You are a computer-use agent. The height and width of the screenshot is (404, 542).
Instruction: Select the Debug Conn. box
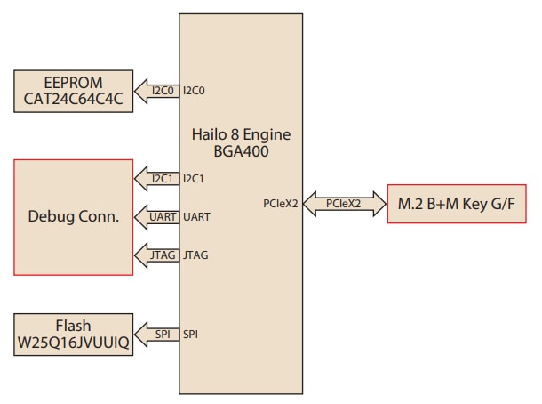pyautogui.click(x=74, y=215)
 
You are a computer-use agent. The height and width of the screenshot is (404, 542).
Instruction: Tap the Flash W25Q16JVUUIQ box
pyautogui.click(x=74, y=335)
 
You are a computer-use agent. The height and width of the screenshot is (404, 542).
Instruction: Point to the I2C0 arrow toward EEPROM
pyautogui.click(x=157, y=90)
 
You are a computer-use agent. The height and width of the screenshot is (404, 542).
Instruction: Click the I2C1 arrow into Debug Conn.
pyautogui.click(x=157, y=178)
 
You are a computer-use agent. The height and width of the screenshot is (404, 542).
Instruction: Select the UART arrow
pyautogui.click(x=157, y=216)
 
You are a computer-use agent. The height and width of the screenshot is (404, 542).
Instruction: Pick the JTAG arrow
pyautogui.click(x=157, y=255)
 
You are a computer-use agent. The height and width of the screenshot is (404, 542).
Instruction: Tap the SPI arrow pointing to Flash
pyautogui.click(x=157, y=335)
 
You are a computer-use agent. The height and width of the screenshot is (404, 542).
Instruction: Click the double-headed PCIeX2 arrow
pyautogui.click(x=342, y=205)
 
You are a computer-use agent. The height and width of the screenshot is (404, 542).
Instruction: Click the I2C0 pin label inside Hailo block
pyautogui.click(x=195, y=90)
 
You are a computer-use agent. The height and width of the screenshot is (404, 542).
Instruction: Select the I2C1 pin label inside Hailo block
pyautogui.click(x=195, y=178)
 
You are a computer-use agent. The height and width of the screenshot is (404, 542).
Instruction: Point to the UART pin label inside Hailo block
pyautogui.click(x=196, y=216)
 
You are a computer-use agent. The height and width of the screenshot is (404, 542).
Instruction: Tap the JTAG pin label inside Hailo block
pyautogui.click(x=195, y=255)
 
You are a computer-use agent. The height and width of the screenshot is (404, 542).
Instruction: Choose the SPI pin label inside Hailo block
pyautogui.click(x=190, y=335)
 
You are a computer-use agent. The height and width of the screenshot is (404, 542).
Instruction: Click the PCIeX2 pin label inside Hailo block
pyautogui.click(x=282, y=205)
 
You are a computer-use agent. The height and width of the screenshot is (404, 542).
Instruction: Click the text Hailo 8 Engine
pyautogui.click(x=241, y=134)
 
